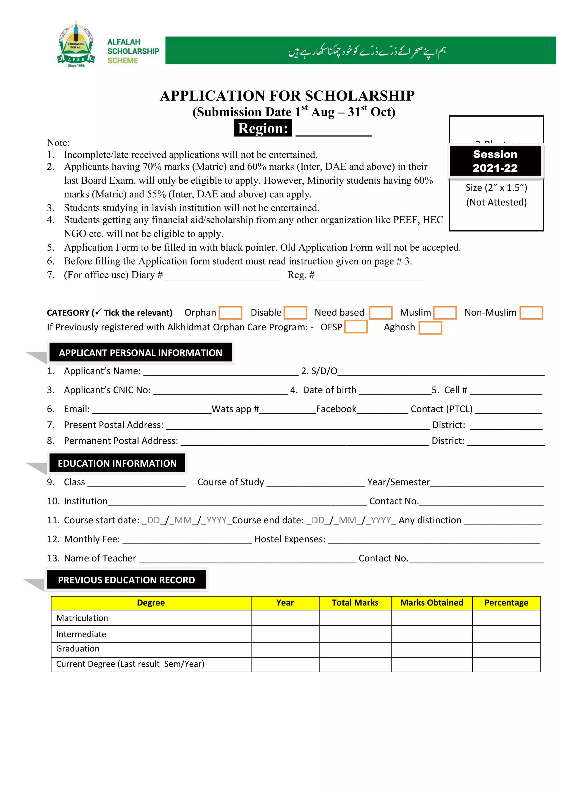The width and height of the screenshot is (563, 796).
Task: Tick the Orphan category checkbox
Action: pyautogui.click(x=230, y=313)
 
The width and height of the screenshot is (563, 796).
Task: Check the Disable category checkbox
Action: pyautogui.click(x=295, y=313)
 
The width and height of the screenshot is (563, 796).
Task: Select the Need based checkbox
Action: pyautogui.click(x=381, y=313)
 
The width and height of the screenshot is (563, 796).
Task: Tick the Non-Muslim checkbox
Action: pyautogui.click(x=531, y=313)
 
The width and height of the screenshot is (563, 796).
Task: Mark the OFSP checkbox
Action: pyautogui.click(x=356, y=327)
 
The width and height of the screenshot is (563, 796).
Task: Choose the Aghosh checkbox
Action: pyautogui.click(x=430, y=328)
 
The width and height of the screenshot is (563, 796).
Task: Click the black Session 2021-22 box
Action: pyautogui.click(x=495, y=161)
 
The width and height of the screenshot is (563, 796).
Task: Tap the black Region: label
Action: pyautogui.click(x=263, y=128)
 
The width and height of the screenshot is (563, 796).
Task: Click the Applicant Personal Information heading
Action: pyautogui.click(x=140, y=353)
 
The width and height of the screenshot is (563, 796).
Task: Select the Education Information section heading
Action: pyautogui.click(x=117, y=463)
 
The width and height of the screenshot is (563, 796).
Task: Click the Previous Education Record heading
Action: pyautogui.click(x=126, y=580)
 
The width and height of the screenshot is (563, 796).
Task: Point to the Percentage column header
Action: pyautogui.click(x=506, y=603)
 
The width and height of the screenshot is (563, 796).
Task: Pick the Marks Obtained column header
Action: pyautogui.click(x=432, y=603)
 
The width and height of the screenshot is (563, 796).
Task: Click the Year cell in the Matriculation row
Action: pyautogui.click(x=285, y=618)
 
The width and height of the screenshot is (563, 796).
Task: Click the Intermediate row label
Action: pyautogui.click(x=81, y=634)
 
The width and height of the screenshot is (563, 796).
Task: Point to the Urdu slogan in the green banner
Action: pyautogui.click(x=367, y=51)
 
